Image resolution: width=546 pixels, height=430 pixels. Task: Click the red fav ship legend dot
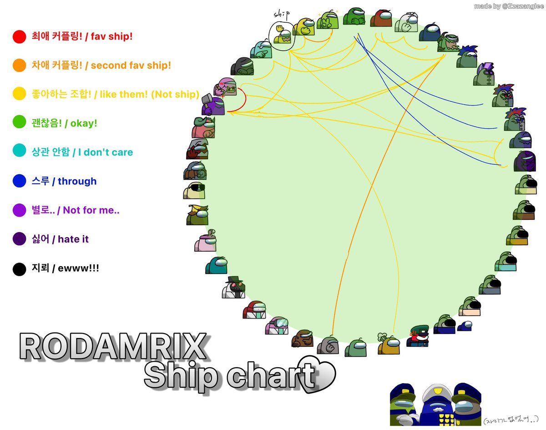pos(19,36)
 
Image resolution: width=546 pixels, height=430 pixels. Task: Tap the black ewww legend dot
pos(19,269)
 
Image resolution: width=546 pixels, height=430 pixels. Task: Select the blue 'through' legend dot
pos(19,181)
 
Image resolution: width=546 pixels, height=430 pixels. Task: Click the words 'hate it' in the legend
pos(73,239)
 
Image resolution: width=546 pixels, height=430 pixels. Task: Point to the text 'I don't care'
pos(106,152)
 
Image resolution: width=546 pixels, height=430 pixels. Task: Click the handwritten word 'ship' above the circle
pos(282,15)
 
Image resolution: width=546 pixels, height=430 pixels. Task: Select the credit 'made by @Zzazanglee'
pos(509,6)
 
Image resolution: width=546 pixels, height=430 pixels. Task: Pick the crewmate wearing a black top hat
pos(234,287)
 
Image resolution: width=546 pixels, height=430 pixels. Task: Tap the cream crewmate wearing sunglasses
pos(194,190)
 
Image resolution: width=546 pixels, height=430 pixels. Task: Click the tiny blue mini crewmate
pos(465,326)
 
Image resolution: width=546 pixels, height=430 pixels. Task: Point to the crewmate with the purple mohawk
pos(484,74)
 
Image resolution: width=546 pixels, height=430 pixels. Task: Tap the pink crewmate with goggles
pos(277,325)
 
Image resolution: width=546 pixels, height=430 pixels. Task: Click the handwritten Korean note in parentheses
pos(511,420)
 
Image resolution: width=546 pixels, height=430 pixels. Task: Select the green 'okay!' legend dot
pos(19,122)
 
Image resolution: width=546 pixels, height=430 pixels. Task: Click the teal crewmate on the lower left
pos(216,265)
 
